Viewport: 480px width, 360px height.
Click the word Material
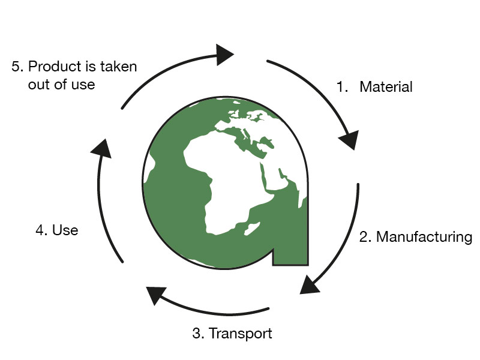click(386, 87)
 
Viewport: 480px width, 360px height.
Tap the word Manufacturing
click(424, 237)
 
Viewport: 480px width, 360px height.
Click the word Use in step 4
click(65, 230)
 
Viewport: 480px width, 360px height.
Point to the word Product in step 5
click(53, 67)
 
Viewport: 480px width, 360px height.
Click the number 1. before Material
click(343, 87)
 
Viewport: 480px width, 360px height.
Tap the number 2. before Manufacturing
click(365, 237)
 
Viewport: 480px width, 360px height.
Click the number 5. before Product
click(17, 67)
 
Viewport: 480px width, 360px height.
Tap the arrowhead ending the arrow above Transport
click(157, 295)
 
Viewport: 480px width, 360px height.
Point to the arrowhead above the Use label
click(103, 148)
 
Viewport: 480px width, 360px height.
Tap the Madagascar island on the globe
click(253, 229)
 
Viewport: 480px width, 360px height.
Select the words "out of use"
click(61, 85)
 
